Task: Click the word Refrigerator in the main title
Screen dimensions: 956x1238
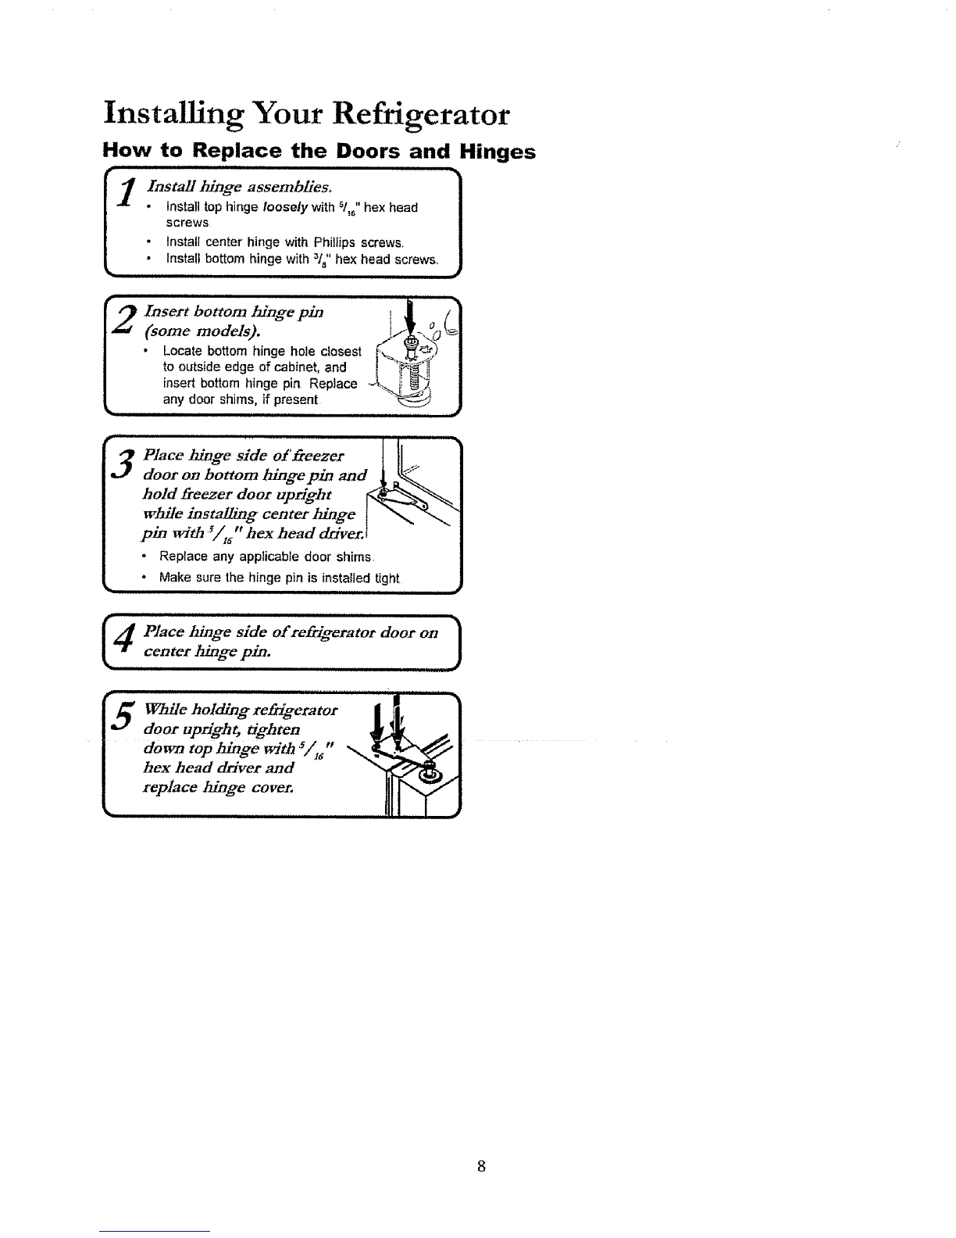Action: pyautogui.click(x=421, y=115)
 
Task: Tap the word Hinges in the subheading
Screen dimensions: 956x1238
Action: pyautogui.click(x=498, y=152)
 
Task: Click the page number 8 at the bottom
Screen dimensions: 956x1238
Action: pyautogui.click(x=481, y=1166)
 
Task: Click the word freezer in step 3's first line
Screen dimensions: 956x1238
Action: pyautogui.click(x=319, y=456)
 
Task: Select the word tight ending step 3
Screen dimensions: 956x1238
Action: pyautogui.click(x=387, y=579)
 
